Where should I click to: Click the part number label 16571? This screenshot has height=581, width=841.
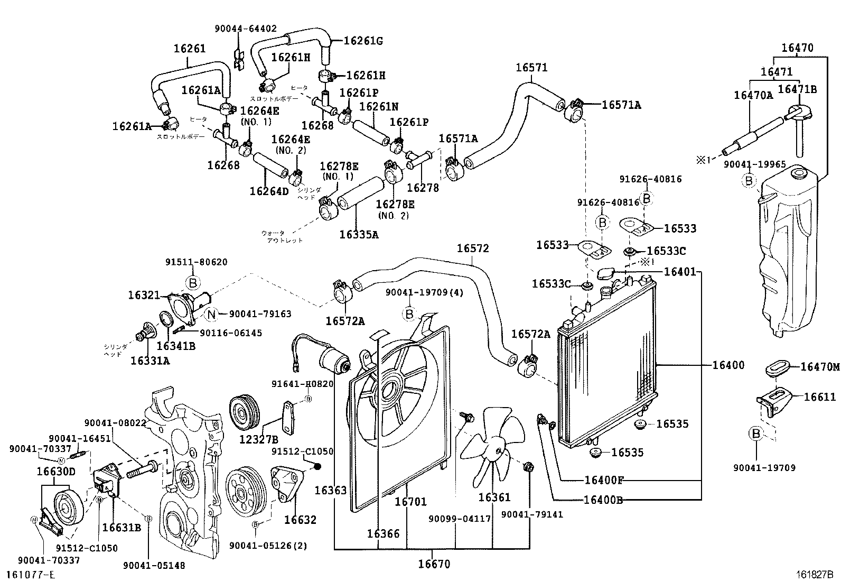531,68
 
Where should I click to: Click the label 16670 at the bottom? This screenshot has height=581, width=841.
434,564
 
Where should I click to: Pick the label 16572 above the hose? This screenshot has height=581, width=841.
473,248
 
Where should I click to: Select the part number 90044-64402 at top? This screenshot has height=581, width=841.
245,29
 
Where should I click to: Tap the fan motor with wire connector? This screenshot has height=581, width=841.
333,359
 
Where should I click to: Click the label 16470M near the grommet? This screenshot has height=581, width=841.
819,366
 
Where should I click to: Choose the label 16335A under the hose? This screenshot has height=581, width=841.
359,234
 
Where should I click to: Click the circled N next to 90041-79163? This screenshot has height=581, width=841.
211,314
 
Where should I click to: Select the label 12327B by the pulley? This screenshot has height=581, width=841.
258,439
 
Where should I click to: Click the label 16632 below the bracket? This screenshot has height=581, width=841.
300,520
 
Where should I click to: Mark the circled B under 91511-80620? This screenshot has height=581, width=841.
193,282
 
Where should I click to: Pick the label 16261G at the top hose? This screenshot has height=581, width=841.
363,40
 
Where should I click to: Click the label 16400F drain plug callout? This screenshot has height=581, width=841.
604,480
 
